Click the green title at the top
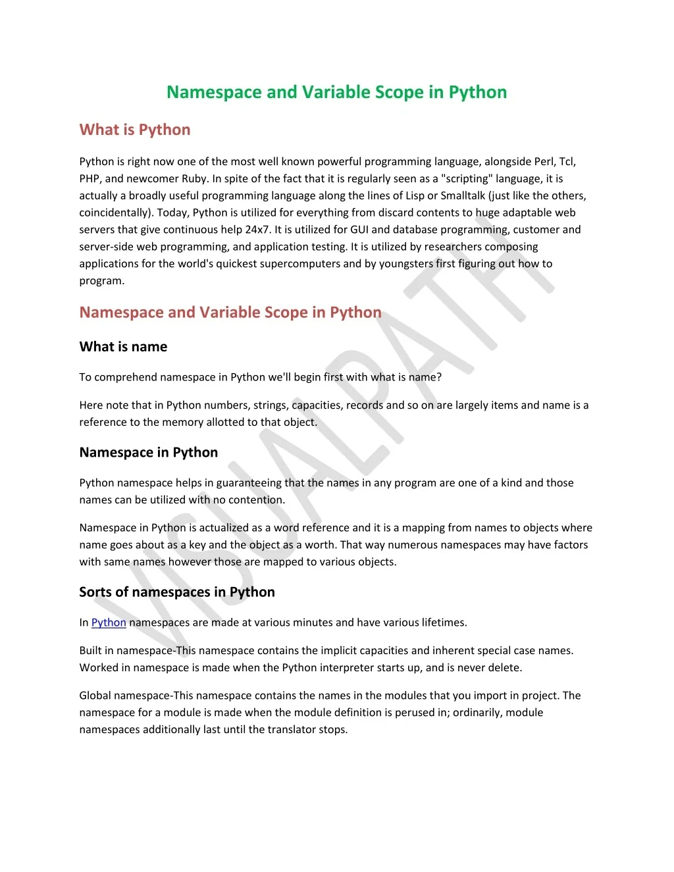[x=336, y=92]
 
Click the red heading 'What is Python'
[x=135, y=130]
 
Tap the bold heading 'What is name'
[x=123, y=347]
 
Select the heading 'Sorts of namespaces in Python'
[x=177, y=592]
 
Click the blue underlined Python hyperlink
[x=109, y=623]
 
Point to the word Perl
[x=544, y=162]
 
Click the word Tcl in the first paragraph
[x=567, y=162]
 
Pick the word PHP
[x=89, y=179]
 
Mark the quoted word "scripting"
[x=467, y=179]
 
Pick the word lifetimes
[x=442, y=623]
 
